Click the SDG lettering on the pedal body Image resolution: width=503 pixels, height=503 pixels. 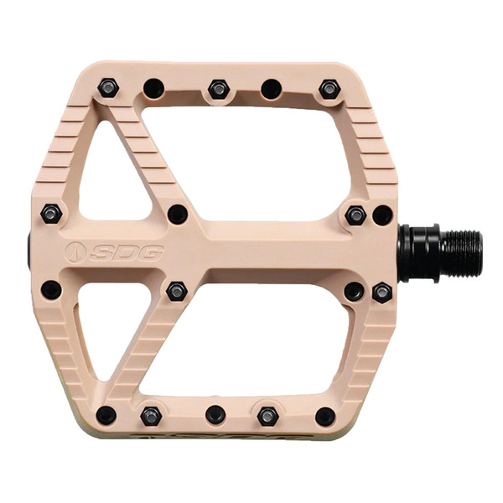(127, 252)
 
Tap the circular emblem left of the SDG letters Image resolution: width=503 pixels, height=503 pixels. (75, 252)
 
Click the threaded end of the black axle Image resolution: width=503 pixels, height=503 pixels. (461, 253)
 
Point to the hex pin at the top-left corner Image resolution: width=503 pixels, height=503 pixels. (108, 87)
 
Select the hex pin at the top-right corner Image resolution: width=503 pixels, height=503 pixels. (329, 89)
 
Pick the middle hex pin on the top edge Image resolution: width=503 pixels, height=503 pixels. (219, 89)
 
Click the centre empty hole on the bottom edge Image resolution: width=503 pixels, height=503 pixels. (215, 414)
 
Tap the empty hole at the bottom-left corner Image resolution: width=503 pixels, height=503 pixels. (106, 415)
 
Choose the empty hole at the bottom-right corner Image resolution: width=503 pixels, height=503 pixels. (325, 416)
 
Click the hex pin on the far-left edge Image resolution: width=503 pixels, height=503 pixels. (51, 214)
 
